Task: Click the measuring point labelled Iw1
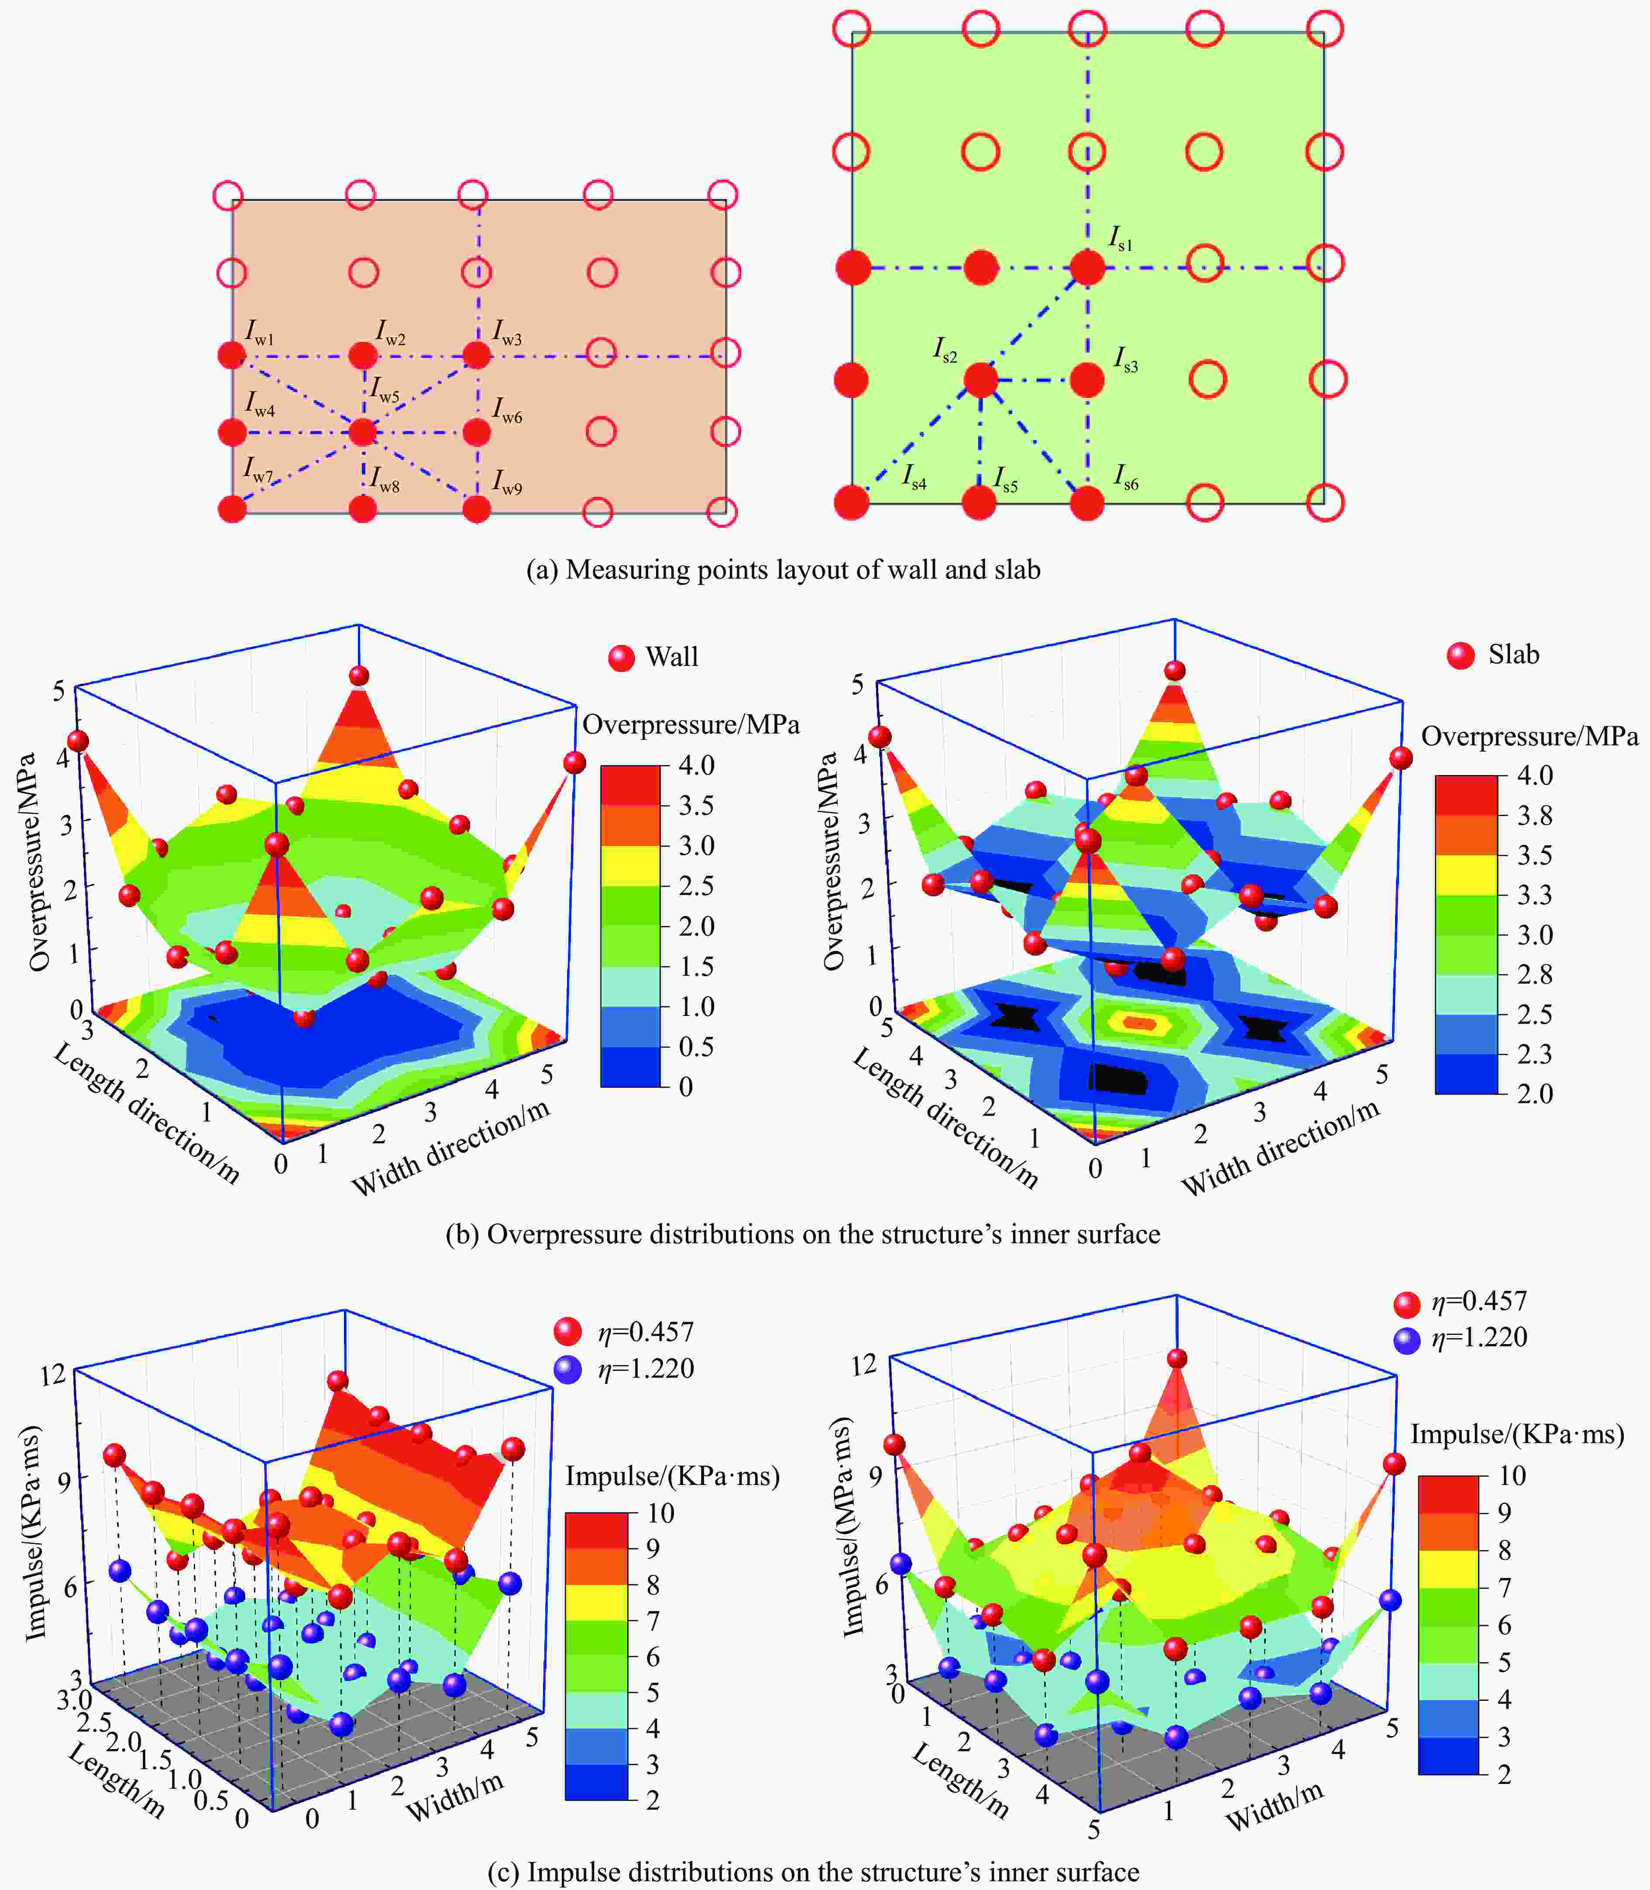232,354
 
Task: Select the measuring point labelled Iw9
476,508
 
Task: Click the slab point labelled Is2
980,379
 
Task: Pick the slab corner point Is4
852,503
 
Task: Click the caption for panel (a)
783,570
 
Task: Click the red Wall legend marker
622,657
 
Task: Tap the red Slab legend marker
1460,655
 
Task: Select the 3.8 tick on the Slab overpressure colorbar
1535,815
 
